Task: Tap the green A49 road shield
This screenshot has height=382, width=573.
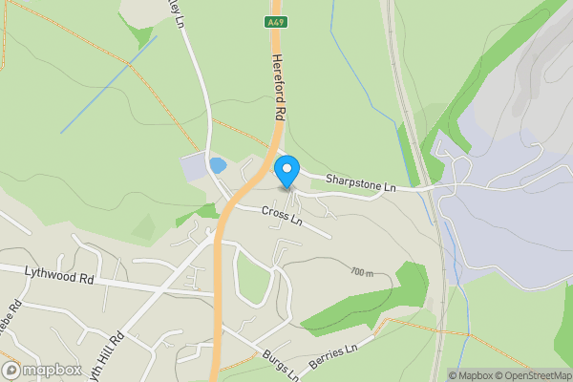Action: point(275,20)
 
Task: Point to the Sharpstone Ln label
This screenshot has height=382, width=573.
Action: point(360,179)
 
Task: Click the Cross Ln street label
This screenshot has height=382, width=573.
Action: point(283,217)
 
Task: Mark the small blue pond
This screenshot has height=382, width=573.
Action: point(218,164)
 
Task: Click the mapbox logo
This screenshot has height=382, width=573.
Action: point(40,370)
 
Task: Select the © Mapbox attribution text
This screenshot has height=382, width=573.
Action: point(470,375)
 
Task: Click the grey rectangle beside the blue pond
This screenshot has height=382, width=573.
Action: point(194,168)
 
